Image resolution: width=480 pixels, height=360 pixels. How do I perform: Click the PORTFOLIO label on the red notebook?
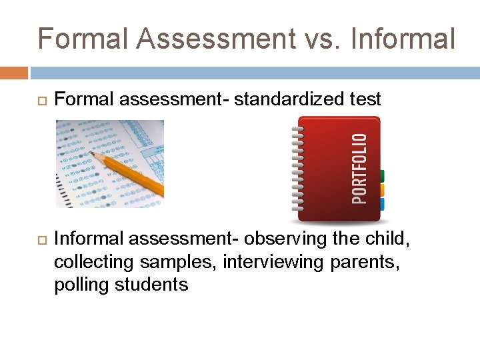click(359, 169)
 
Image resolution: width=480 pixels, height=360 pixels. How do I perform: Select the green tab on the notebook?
click(382, 177)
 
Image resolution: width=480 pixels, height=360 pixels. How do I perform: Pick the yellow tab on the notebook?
click(382, 191)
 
